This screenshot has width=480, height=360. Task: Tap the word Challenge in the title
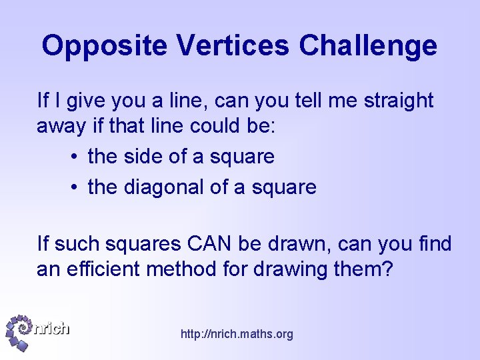[x=369, y=46]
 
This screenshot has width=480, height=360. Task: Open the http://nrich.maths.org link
[x=237, y=334]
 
